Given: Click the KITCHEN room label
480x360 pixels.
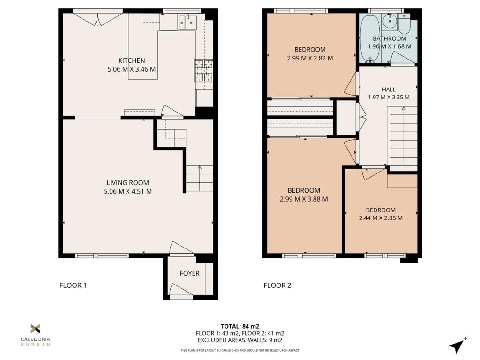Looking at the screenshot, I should point(131,60).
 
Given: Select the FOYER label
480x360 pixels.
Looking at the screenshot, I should point(190,273).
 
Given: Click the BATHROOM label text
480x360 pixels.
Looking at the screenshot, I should point(389,38).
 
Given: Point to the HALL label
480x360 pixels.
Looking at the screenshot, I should point(389,90).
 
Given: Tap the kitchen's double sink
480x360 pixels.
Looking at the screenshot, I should point(187,22).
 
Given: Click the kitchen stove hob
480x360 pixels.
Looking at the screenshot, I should point(203,70).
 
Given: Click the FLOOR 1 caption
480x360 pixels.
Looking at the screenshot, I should point(73,285).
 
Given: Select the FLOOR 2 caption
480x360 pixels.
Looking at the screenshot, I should point(277,285).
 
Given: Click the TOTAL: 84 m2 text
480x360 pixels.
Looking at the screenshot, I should point(240,326).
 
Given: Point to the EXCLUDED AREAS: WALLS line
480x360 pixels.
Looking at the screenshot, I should point(240,340).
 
